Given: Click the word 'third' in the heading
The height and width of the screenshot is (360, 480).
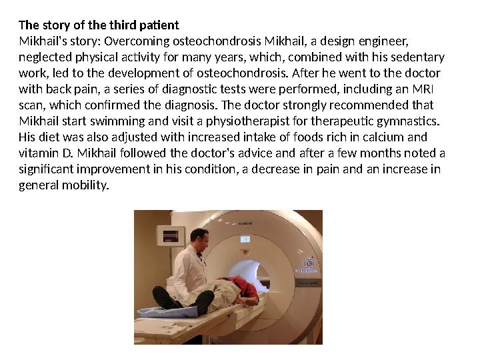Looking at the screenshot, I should pos(111,25).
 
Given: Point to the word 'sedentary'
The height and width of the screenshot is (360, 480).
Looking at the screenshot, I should pos(415,57).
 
